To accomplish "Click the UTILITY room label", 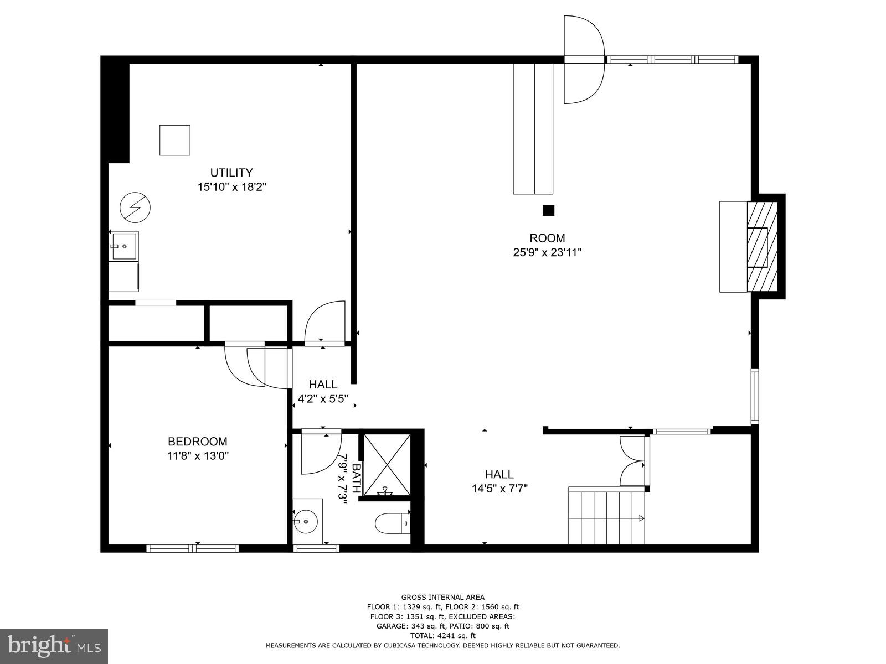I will point(231,172).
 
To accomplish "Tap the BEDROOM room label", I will point(197,442).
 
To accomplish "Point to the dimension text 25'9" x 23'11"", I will point(547,253).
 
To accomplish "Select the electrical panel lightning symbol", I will point(135,207).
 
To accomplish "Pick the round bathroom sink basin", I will point(304,521).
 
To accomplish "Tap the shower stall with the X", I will point(387,465).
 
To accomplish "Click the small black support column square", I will point(548,210).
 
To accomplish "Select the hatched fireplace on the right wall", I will point(762,246).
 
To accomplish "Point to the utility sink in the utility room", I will point(123,246).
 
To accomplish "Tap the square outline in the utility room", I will point(175,140).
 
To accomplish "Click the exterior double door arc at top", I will point(583,60).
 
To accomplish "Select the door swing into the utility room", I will point(326,322).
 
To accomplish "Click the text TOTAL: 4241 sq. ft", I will point(442,636).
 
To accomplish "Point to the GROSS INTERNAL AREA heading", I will point(442,597).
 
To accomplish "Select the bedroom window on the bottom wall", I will point(193,548).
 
